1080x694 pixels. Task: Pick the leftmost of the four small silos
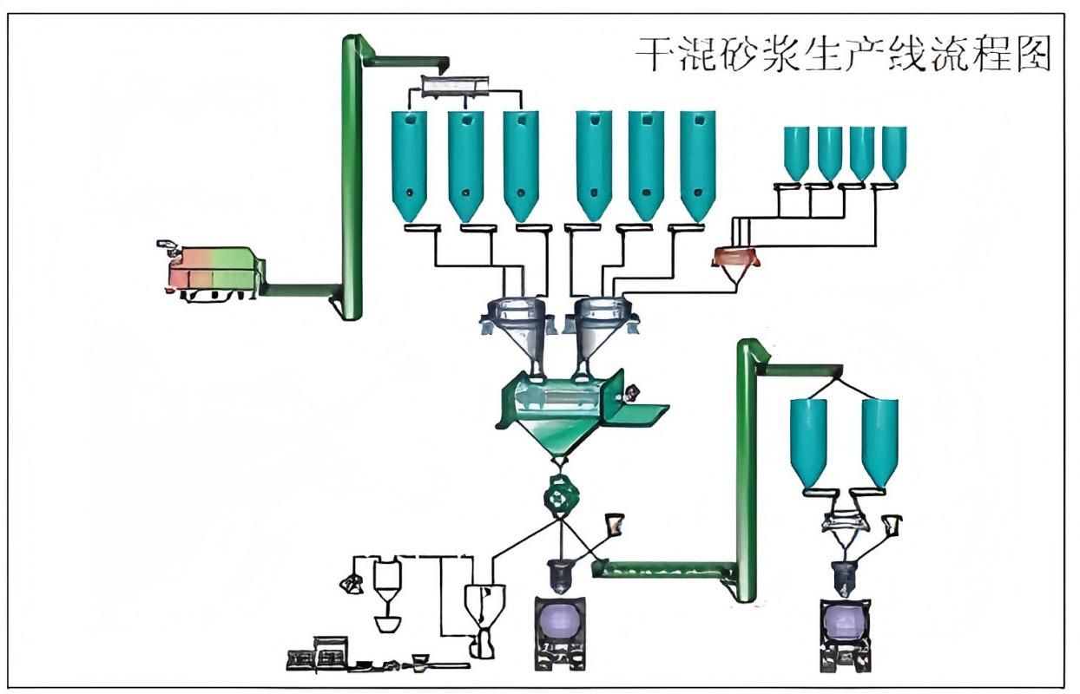796,152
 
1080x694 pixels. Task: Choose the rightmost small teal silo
894,152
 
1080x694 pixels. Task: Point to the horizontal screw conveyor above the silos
454,86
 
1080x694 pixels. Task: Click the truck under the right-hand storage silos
845,632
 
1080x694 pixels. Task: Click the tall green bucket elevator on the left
352,178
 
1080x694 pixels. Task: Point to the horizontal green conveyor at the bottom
664,570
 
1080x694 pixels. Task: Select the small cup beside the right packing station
891,524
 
